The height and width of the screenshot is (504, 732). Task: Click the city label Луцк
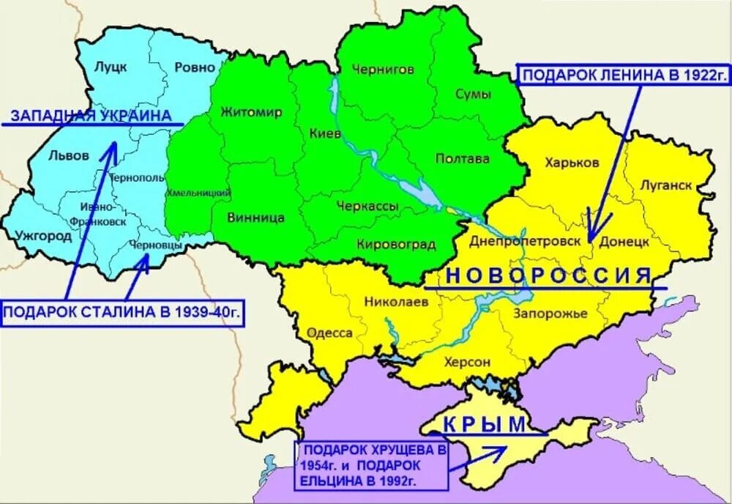click(111, 67)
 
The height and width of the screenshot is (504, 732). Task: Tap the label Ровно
click(195, 67)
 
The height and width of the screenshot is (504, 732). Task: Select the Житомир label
click(250, 112)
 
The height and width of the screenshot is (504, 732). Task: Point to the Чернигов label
click(383, 69)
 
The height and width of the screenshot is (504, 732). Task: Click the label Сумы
click(474, 94)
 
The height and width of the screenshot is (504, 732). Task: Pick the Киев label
click(325, 134)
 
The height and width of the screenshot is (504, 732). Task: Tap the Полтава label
click(462, 158)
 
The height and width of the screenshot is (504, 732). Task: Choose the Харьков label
click(572, 162)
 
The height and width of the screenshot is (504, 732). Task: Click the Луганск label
click(665, 185)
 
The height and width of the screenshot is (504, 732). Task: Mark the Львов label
click(68, 155)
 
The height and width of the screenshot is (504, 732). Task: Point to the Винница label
click(255, 217)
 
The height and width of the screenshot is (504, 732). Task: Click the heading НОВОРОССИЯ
click(548, 275)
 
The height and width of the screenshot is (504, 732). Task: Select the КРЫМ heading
click(484, 424)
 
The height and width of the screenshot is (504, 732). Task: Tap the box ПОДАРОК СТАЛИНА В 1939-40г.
click(122, 313)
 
